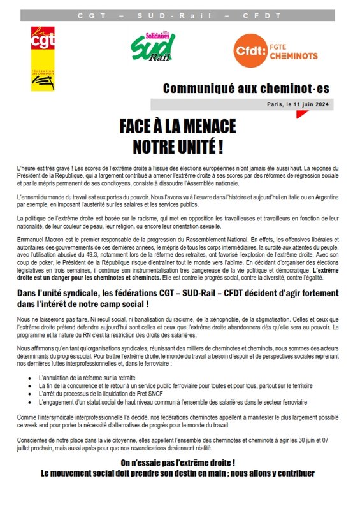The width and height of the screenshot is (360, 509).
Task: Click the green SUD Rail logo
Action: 152,48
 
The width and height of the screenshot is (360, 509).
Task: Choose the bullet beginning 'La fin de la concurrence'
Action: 175,385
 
